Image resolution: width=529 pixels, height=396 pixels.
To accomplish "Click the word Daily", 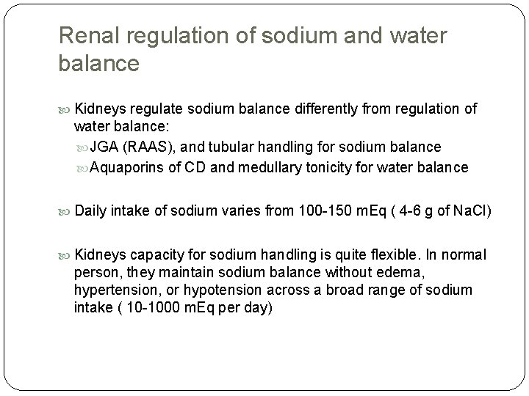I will coord(90,212).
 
